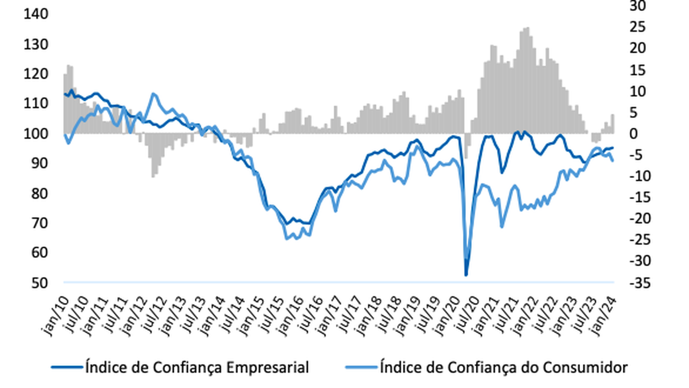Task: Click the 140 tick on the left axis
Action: coord(36,13)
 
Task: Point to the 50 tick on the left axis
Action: coord(37,282)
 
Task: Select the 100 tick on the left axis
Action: coord(36,133)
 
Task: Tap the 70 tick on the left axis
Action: coord(37,223)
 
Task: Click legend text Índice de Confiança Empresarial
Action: coord(197,368)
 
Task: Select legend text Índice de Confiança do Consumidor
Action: coord(503,368)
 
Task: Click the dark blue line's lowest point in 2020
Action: coord(466,275)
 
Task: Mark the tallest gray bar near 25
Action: coord(526,28)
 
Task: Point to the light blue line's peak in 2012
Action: coord(154,94)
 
